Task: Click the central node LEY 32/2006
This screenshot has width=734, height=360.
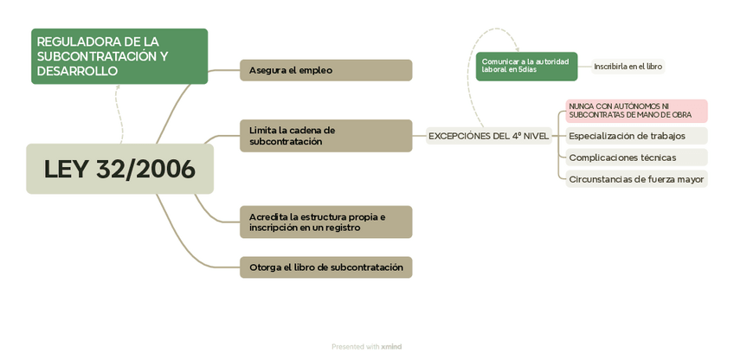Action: click(x=119, y=169)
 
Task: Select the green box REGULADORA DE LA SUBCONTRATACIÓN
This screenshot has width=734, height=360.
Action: click(x=119, y=56)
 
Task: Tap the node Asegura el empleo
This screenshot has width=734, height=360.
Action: click(x=325, y=70)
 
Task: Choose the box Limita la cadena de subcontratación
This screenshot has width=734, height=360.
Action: click(x=325, y=136)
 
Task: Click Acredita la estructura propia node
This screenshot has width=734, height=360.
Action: click(x=325, y=222)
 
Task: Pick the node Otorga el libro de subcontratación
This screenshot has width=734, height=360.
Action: click(x=325, y=267)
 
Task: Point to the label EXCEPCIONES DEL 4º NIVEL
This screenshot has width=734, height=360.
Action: click(x=488, y=136)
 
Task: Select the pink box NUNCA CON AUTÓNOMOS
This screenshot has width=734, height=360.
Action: click(x=636, y=111)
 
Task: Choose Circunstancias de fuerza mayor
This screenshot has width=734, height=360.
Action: click(x=636, y=179)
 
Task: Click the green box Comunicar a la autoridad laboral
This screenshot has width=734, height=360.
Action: click(x=526, y=66)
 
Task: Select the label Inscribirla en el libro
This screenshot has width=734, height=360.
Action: click(x=628, y=67)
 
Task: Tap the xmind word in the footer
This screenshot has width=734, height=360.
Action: click(x=391, y=347)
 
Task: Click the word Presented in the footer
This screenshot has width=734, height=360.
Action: click(x=347, y=347)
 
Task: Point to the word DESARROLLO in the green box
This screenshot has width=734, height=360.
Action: click(x=77, y=71)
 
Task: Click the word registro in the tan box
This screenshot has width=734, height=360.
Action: click(x=343, y=228)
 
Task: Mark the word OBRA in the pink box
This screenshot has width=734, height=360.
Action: click(x=680, y=115)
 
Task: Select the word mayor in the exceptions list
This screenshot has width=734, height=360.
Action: click(x=690, y=179)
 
